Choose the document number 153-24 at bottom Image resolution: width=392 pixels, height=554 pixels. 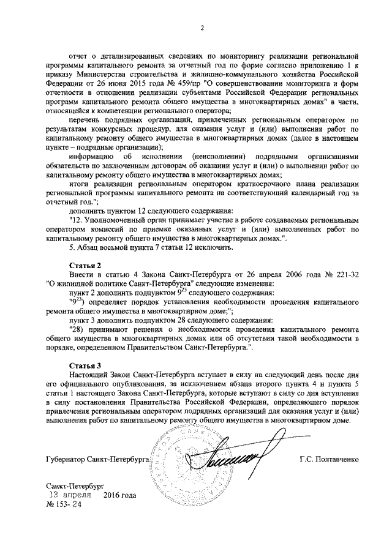(64, 506)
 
